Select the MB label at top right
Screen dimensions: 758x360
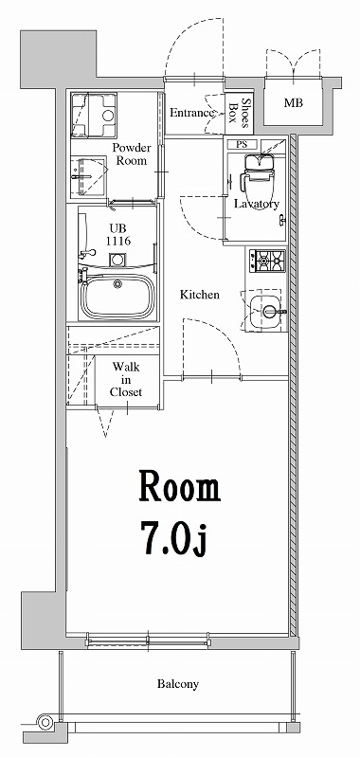[294, 102]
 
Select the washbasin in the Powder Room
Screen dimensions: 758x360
[89, 174]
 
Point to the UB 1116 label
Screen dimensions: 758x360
[117, 235]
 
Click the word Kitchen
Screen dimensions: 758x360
[200, 295]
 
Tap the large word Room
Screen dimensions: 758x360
[179, 488]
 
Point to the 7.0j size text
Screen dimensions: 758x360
[176, 541]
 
